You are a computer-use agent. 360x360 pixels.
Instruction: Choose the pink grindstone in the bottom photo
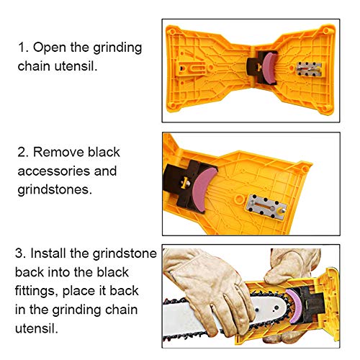click(289, 302)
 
